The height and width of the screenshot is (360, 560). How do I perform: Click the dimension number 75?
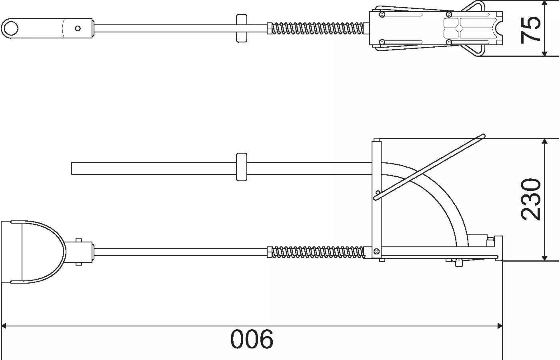pos(530,30)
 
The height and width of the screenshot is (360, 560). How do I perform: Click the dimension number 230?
pos(530,199)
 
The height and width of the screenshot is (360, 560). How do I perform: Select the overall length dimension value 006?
pos(252,339)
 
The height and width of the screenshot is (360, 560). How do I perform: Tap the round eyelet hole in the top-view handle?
pos(11,28)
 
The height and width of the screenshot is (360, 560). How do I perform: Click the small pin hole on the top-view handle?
pos(78,28)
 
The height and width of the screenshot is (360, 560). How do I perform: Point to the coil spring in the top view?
pos(317,28)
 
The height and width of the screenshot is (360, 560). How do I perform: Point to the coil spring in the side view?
pos(318,252)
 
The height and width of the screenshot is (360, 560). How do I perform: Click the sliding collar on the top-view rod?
pos(242,28)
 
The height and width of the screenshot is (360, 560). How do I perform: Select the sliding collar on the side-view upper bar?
pos(242,167)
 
